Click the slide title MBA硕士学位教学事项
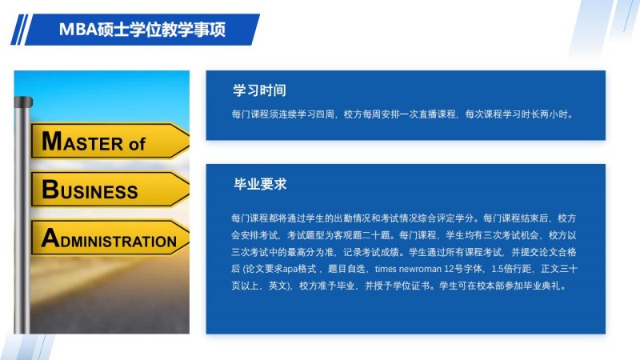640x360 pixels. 142,30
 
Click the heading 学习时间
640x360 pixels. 259,90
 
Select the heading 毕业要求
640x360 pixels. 260,184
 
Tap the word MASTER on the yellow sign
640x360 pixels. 82,142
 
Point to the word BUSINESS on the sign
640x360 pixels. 90,190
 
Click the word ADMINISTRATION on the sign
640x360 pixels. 109,238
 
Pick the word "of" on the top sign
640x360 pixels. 137,144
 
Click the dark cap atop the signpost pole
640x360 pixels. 23,102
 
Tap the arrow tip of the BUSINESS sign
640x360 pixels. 189,190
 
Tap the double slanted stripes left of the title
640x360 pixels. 19,30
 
